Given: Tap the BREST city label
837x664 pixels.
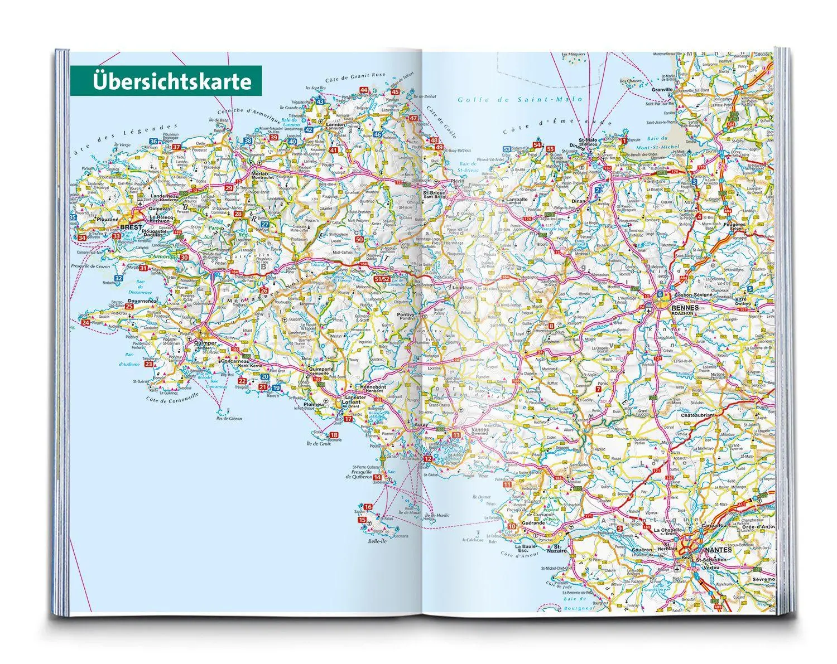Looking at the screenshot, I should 131,227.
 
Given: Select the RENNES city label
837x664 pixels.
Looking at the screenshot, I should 686,307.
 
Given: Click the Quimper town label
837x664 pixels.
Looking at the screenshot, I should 204,343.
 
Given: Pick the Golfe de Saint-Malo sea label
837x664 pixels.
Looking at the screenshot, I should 519,100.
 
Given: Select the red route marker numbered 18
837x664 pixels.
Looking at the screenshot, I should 334,435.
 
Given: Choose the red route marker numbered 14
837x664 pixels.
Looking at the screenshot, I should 378,477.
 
